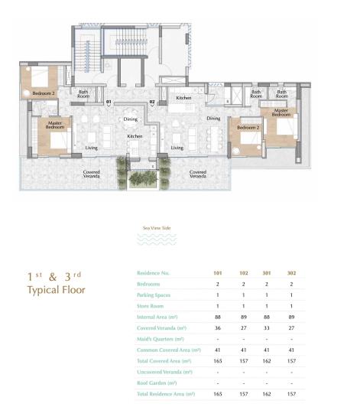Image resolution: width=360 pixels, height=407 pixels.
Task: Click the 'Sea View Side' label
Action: (157, 228)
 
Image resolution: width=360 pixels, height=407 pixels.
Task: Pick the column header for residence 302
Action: (290, 273)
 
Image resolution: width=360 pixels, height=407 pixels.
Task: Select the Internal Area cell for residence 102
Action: (243, 317)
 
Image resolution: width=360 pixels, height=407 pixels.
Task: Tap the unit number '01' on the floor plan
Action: (109, 102)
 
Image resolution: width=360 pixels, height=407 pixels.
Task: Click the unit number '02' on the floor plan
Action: (152, 102)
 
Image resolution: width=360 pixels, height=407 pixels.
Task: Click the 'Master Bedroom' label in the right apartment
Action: (281, 112)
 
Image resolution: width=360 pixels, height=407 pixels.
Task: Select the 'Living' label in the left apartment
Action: (91, 148)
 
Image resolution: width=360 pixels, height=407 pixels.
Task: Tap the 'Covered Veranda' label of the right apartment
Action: (198, 174)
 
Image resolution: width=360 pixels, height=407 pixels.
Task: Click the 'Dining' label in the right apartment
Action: (213, 119)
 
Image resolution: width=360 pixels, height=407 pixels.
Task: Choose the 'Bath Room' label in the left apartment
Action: (84, 94)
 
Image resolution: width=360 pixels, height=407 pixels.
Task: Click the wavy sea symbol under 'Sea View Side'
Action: (157, 239)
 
